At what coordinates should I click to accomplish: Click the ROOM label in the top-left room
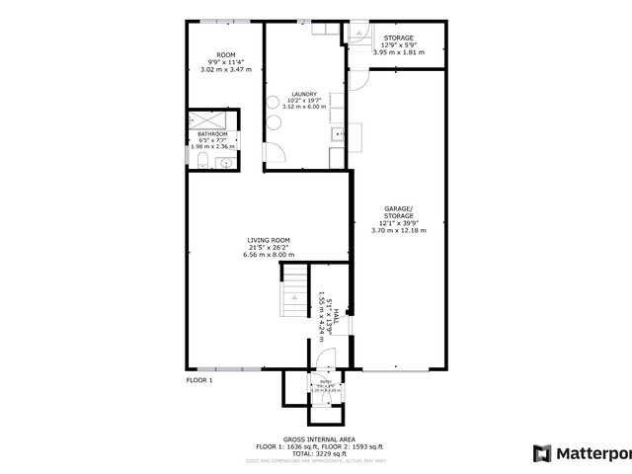(x=226, y=55)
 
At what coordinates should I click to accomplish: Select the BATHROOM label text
(x=212, y=133)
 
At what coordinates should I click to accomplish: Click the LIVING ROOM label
(x=269, y=239)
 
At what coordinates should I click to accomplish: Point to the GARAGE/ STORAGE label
(x=399, y=211)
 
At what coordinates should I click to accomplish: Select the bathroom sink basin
(x=226, y=163)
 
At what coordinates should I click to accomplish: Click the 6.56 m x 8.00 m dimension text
(x=269, y=254)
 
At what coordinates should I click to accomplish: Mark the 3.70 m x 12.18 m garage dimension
(x=399, y=231)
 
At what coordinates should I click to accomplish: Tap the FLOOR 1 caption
(x=199, y=380)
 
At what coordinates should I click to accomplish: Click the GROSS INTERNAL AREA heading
(x=319, y=438)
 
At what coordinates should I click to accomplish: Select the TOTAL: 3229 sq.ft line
(x=319, y=452)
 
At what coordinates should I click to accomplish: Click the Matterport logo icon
(x=541, y=453)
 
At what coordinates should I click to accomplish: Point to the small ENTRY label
(x=326, y=381)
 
